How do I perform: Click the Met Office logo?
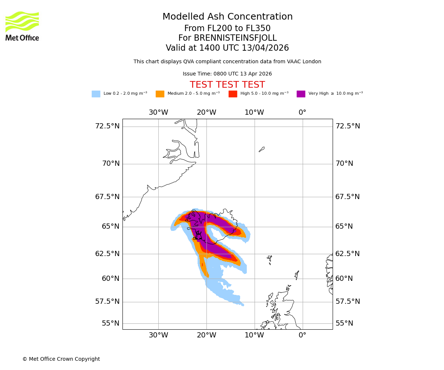pyautogui.click(x=22, y=26)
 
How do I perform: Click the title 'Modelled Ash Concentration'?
pyautogui.click(x=227, y=17)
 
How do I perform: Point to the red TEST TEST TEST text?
pyautogui.click(x=227, y=85)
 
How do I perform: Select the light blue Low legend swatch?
pyautogui.click(x=96, y=94)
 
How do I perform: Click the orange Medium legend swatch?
pyautogui.click(x=160, y=94)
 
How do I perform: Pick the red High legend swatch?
pyautogui.click(x=233, y=94)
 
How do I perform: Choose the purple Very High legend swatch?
pyautogui.click(x=301, y=94)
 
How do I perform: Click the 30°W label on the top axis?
pyautogui.click(x=158, y=112)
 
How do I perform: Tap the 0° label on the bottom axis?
pyautogui.click(x=302, y=335)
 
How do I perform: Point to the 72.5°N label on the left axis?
pyautogui.click(x=107, y=126)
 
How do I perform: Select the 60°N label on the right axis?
pyautogui.click(x=344, y=279)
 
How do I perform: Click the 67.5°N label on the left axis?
pyautogui.click(x=107, y=197)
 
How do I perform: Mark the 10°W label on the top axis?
pyautogui.click(x=254, y=112)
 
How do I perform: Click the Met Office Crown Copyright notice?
pyautogui.click(x=61, y=359)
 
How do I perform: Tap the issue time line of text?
pyautogui.click(x=227, y=74)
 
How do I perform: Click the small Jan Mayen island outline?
pyautogui.click(x=262, y=149)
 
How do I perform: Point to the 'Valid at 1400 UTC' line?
pyautogui.click(x=227, y=48)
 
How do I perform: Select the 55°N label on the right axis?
pyautogui.click(x=344, y=323)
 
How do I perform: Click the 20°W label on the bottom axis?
pyautogui.click(x=206, y=335)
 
